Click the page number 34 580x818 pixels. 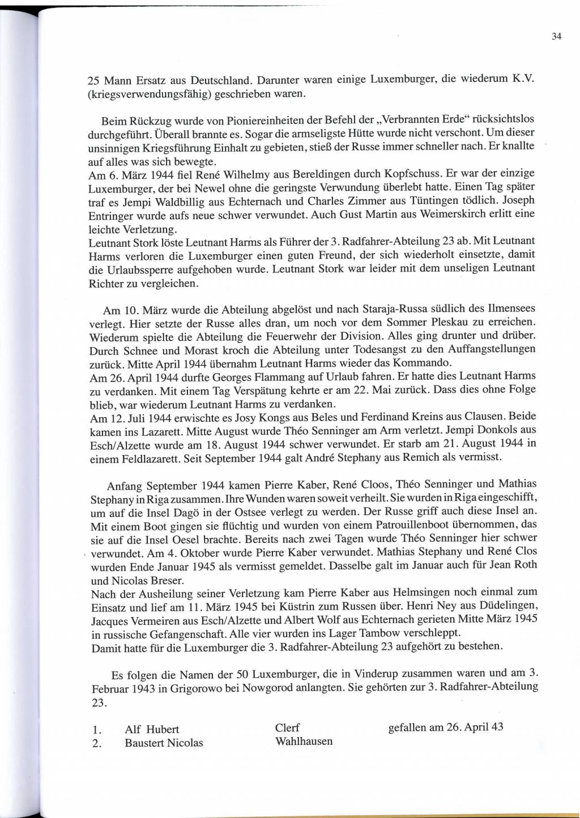tap(556, 37)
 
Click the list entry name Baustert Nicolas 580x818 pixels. tap(164, 743)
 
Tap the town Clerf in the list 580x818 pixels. tap(287, 728)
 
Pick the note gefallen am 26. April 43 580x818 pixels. tap(446, 727)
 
